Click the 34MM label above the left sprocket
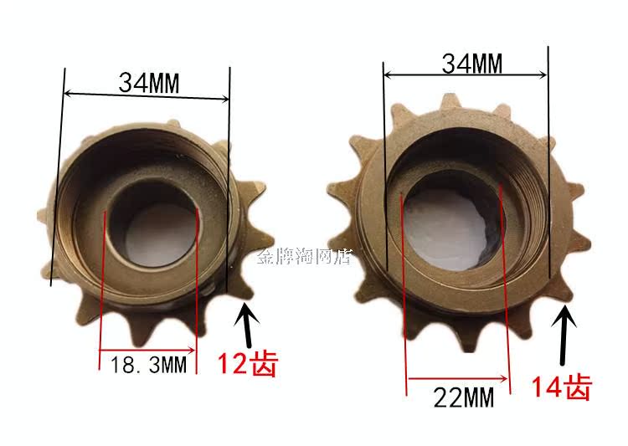pyautogui.click(x=149, y=83)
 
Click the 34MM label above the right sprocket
pyautogui.click(x=471, y=64)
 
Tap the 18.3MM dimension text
pyautogui.click(x=148, y=364)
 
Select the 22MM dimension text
pyautogui.click(x=464, y=397)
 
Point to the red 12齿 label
pyautogui.click(x=248, y=363)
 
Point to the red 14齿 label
pyautogui.click(x=562, y=387)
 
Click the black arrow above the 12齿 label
pyautogui.click(x=247, y=325)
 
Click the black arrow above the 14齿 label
pyautogui.click(x=564, y=335)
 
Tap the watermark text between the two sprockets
pyautogui.click(x=305, y=256)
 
